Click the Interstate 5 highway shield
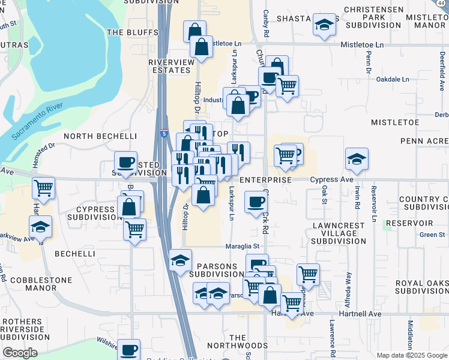coord(164,134)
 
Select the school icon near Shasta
coord(324,26)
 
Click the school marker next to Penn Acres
coord(357,160)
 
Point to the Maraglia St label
coord(243,245)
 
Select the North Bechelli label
coord(100,136)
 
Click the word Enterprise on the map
coord(265,180)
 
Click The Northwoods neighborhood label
coord(238,341)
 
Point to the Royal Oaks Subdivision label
coord(421,287)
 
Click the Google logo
coord(20,353)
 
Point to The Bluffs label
coord(132,32)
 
